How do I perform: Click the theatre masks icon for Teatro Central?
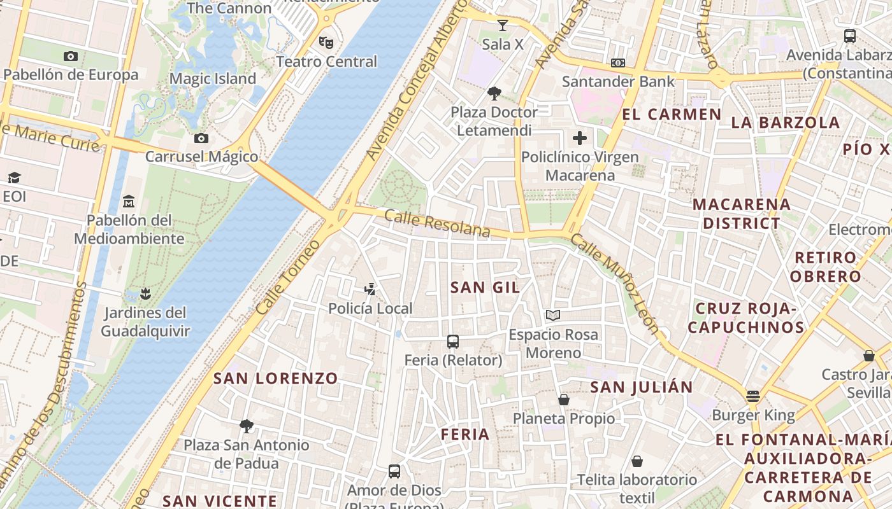[x=326, y=43]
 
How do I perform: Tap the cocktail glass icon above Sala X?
[x=503, y=25]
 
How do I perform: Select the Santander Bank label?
[x=617, y=81]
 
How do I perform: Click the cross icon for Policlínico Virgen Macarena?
[x=580, y=138]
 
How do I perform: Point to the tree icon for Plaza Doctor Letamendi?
[x=494, y=94]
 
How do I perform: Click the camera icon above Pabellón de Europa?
[x=71, y=56]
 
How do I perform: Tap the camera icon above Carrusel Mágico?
[x=201, y=138]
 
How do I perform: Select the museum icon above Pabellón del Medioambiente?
[x=129, y=201]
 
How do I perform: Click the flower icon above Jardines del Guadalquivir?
[x=146, y=293]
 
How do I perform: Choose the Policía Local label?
[x=370, y=309]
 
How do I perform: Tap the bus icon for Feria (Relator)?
[x=453, y=342]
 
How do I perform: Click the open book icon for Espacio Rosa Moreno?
[x=553, y=316]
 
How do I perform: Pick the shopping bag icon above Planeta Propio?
[x=564, y=400]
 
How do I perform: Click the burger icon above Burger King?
[x=753, y=396]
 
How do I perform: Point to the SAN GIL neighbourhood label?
[x=485, y=287]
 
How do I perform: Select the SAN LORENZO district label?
[x=275, y=379]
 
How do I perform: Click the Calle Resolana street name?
[x=438, y=224]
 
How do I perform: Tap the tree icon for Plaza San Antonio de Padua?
[x=247, y=426]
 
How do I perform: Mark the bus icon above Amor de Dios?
[x=394, y=471]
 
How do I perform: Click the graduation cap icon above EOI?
[x=14, y=178]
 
